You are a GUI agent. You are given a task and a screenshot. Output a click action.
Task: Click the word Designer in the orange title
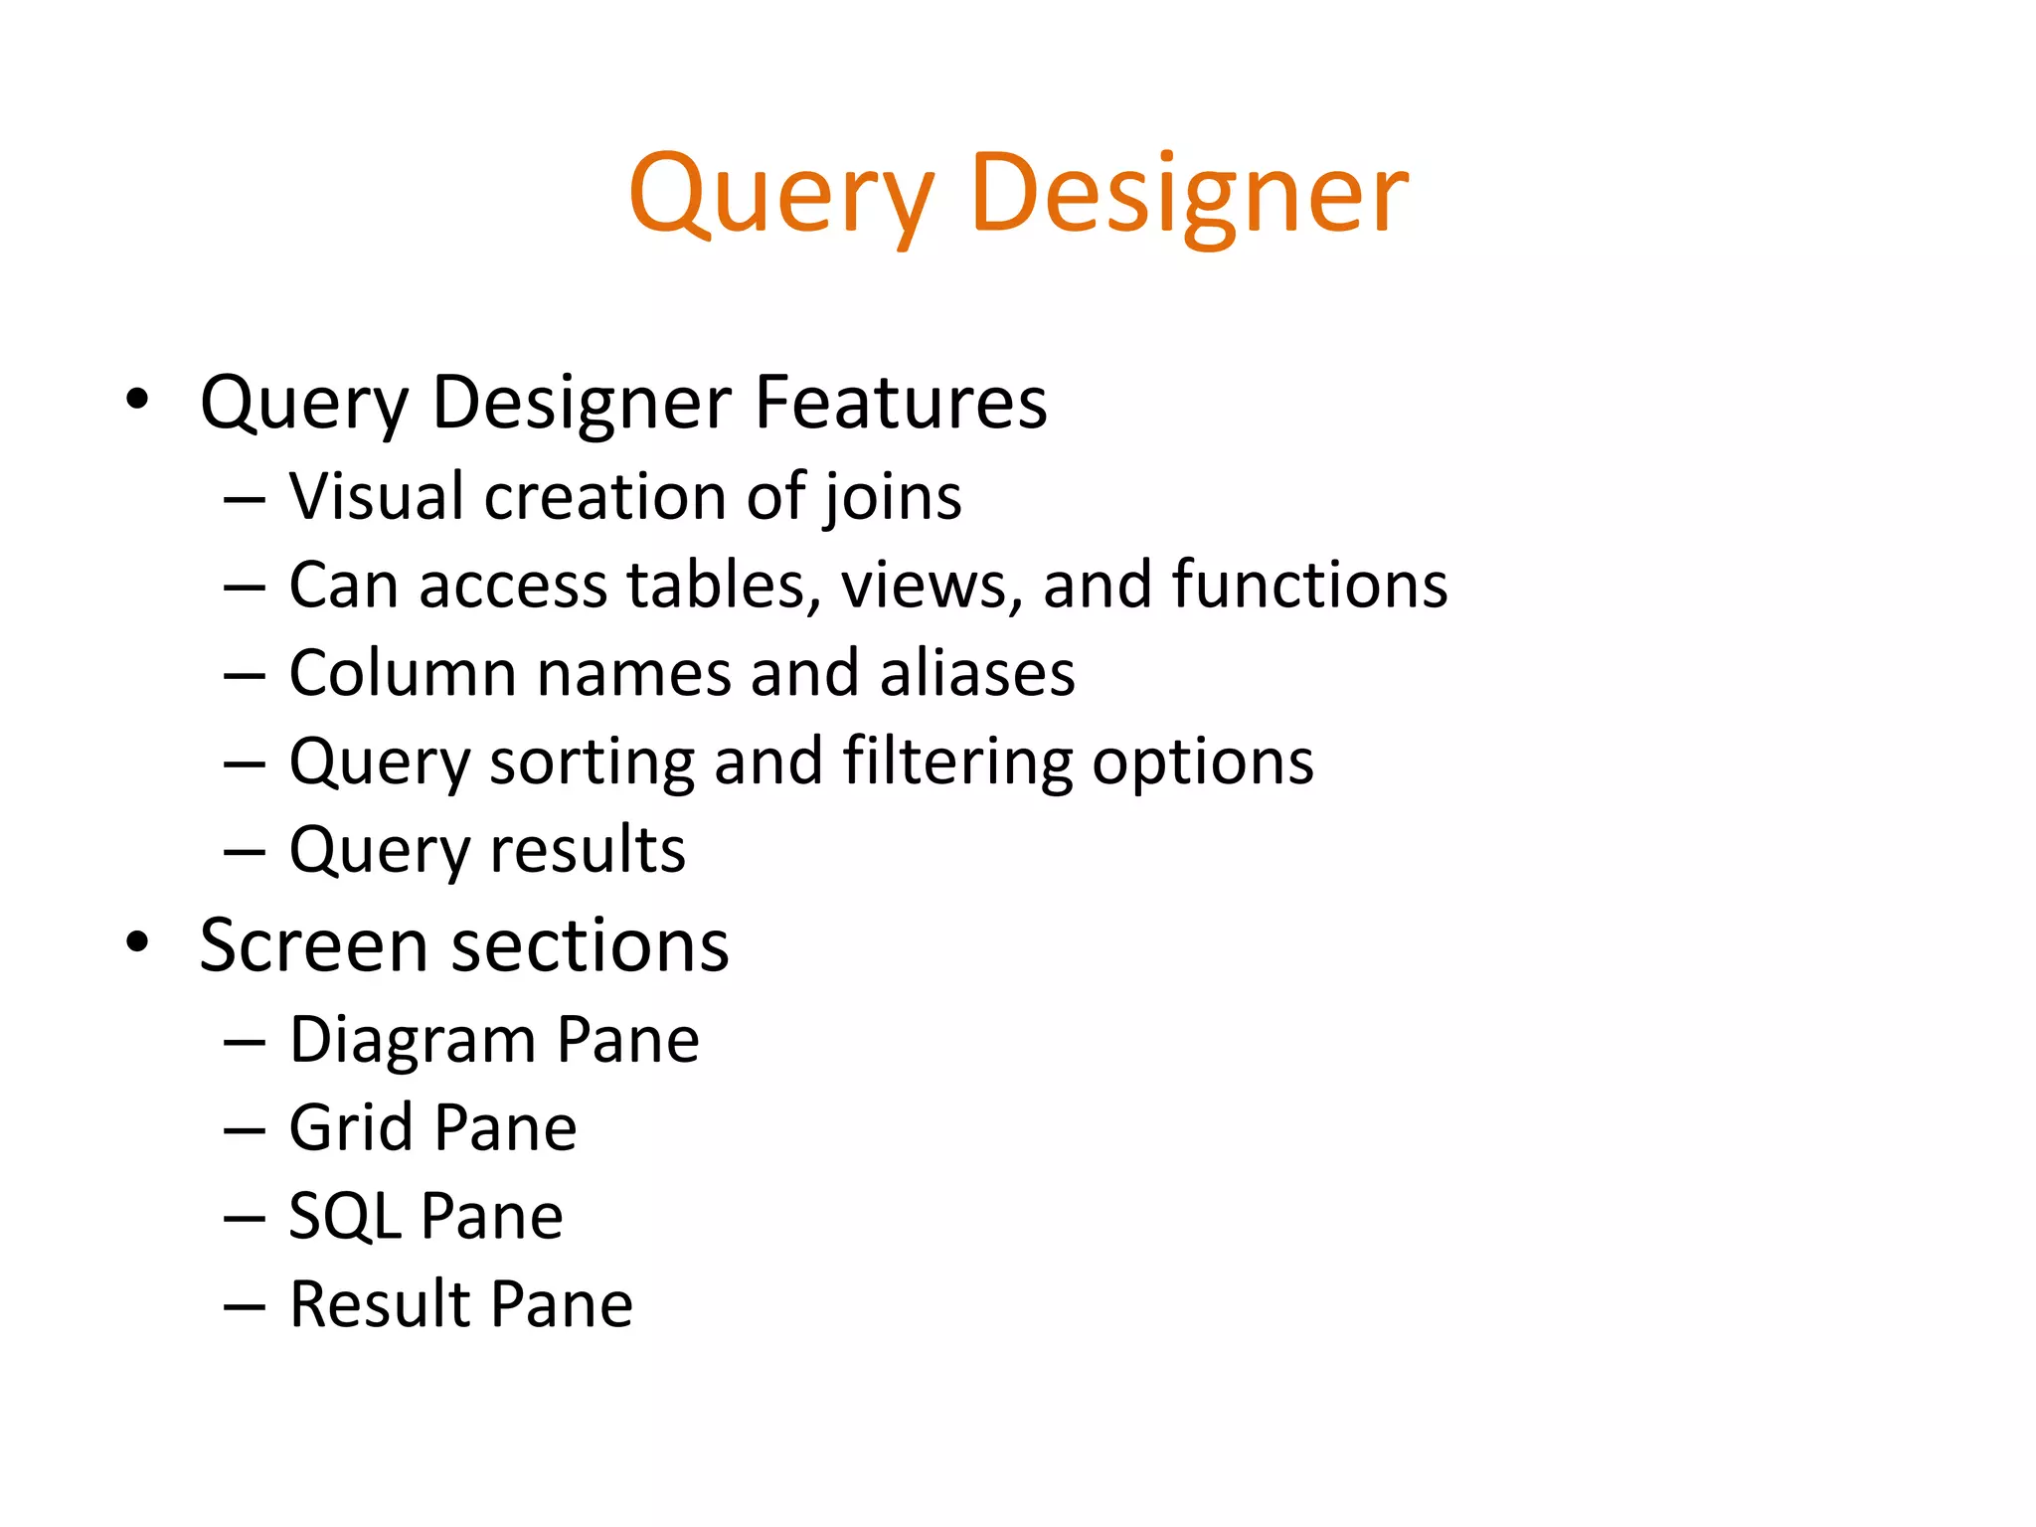click(x=1189, y=194)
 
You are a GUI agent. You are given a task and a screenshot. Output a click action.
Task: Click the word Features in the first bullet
click(x=901, y=403)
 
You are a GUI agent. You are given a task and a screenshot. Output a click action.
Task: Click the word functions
click(x=1309, y=585)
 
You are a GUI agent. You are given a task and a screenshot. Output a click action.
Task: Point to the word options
click(x=1203, y=763)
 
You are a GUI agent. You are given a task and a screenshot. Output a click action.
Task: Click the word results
click(x=588, y=851)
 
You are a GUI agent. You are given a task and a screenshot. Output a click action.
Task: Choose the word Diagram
click(x=412, y=1041)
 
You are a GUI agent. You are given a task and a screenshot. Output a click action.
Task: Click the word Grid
click(x=351, y=1128)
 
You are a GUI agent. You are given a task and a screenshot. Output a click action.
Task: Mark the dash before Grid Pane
click(x=245, y=1131)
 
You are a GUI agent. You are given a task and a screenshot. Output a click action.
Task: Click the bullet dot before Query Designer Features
click(x=137, y=400)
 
